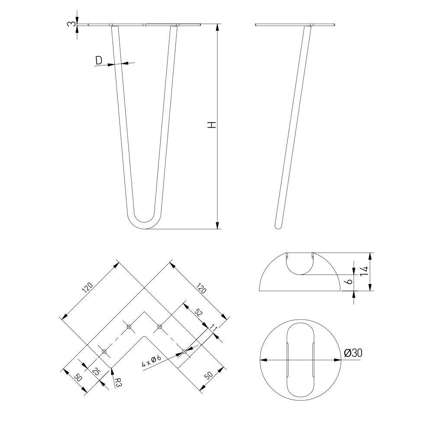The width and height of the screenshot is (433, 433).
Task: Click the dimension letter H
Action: coord(212,125)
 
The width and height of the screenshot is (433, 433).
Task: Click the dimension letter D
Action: coord(99,60)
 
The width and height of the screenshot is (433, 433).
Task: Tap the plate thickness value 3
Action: coord(71,24)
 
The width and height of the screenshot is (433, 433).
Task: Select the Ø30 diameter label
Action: coord(353,353)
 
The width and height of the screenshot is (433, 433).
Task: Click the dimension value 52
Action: coord(198,313)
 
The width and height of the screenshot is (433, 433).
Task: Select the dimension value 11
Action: coord(213,327)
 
